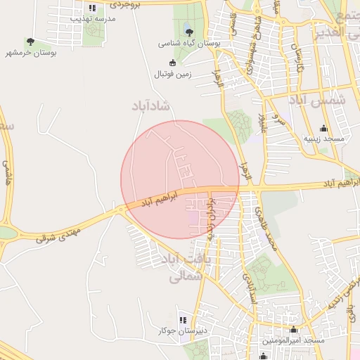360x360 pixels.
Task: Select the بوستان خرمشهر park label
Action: coord(31,53)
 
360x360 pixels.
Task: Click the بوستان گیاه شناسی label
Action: coord(188,43)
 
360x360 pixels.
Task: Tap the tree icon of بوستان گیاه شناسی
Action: coord(188,32)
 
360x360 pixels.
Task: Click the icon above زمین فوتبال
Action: coord(172,63)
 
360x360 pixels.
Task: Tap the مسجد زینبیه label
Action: coord(324,139)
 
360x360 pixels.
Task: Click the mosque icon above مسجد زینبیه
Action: coord(323,128)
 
